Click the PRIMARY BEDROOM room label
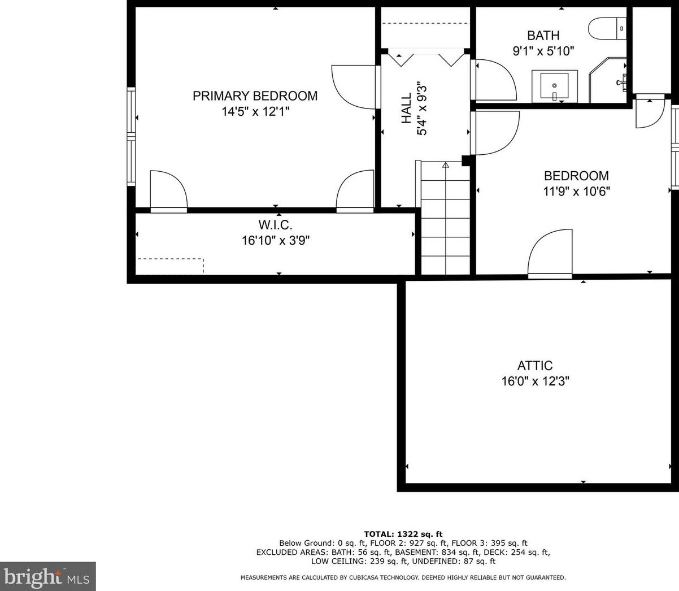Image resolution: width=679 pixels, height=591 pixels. (x=255, y=96)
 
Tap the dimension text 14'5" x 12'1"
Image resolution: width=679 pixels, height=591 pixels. (x=255, y=111)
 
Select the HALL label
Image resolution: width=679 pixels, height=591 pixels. (x=407, y=108)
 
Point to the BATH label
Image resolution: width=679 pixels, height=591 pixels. (x=543, y=35)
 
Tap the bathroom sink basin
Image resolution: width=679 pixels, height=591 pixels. (x=554, y=86)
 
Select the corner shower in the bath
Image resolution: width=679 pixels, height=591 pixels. (x=608, y=80)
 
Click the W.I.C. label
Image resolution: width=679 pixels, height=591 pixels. (x=276, y=225)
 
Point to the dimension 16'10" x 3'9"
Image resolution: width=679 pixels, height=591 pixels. (x=276, y=240)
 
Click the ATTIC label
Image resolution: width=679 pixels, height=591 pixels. (x=535, y=366)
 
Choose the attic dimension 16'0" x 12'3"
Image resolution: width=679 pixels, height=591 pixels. (x=536, y=381)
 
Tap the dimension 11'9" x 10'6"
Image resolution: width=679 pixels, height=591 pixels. (x=576, y=192)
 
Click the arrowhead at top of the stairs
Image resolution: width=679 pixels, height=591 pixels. (x=445, y=164)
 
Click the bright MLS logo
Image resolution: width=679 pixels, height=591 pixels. (x=48, y=576)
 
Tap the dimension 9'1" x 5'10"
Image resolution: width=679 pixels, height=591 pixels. (x=543, y=51)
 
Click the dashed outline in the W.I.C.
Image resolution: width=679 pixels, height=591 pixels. (x=170, y=266)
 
